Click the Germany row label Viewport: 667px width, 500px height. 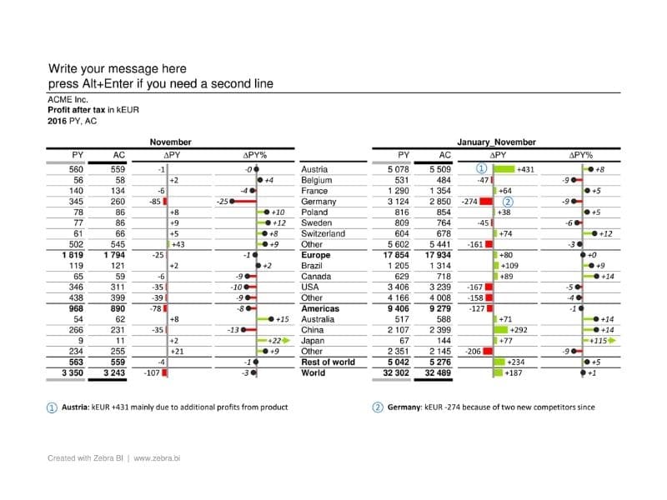(318, 202)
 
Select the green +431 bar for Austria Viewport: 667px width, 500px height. (504, 169)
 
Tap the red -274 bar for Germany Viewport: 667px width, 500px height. (486, 202)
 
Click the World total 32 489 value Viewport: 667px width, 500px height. (438, 372)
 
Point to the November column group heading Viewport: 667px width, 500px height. (171, 142)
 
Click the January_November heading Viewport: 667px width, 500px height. (496, 142)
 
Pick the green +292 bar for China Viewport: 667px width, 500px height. (501, 330)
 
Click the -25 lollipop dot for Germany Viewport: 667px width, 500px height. (232, 202)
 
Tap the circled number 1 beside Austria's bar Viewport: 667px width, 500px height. (481, 169)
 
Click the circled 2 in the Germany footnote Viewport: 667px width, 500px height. (378, 407)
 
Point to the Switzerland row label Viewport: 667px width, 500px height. (323, 233)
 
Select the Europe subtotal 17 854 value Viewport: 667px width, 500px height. (396, 255)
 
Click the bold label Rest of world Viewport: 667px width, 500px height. (328, 362)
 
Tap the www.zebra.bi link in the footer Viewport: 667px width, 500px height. (157, 458)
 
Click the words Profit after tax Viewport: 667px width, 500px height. (76, 110)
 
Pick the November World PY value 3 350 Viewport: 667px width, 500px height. (73, 372)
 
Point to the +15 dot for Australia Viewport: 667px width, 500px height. (272, 319)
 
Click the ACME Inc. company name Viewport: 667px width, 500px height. (68, 99)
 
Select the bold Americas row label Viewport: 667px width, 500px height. (320, 308)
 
